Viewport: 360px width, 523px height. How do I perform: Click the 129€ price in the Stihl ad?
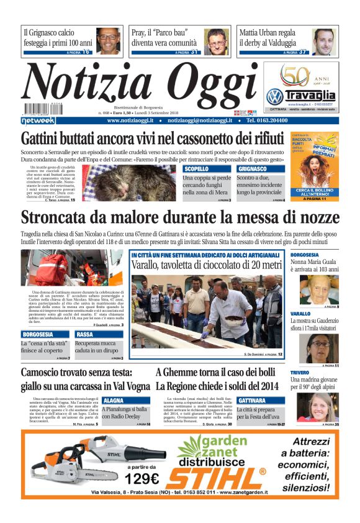142,479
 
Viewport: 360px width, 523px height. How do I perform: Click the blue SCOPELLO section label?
197,168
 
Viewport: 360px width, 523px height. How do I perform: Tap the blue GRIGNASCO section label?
252,168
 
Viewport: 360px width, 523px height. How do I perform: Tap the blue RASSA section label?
84,335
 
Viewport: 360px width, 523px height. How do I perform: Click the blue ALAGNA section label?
114,401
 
